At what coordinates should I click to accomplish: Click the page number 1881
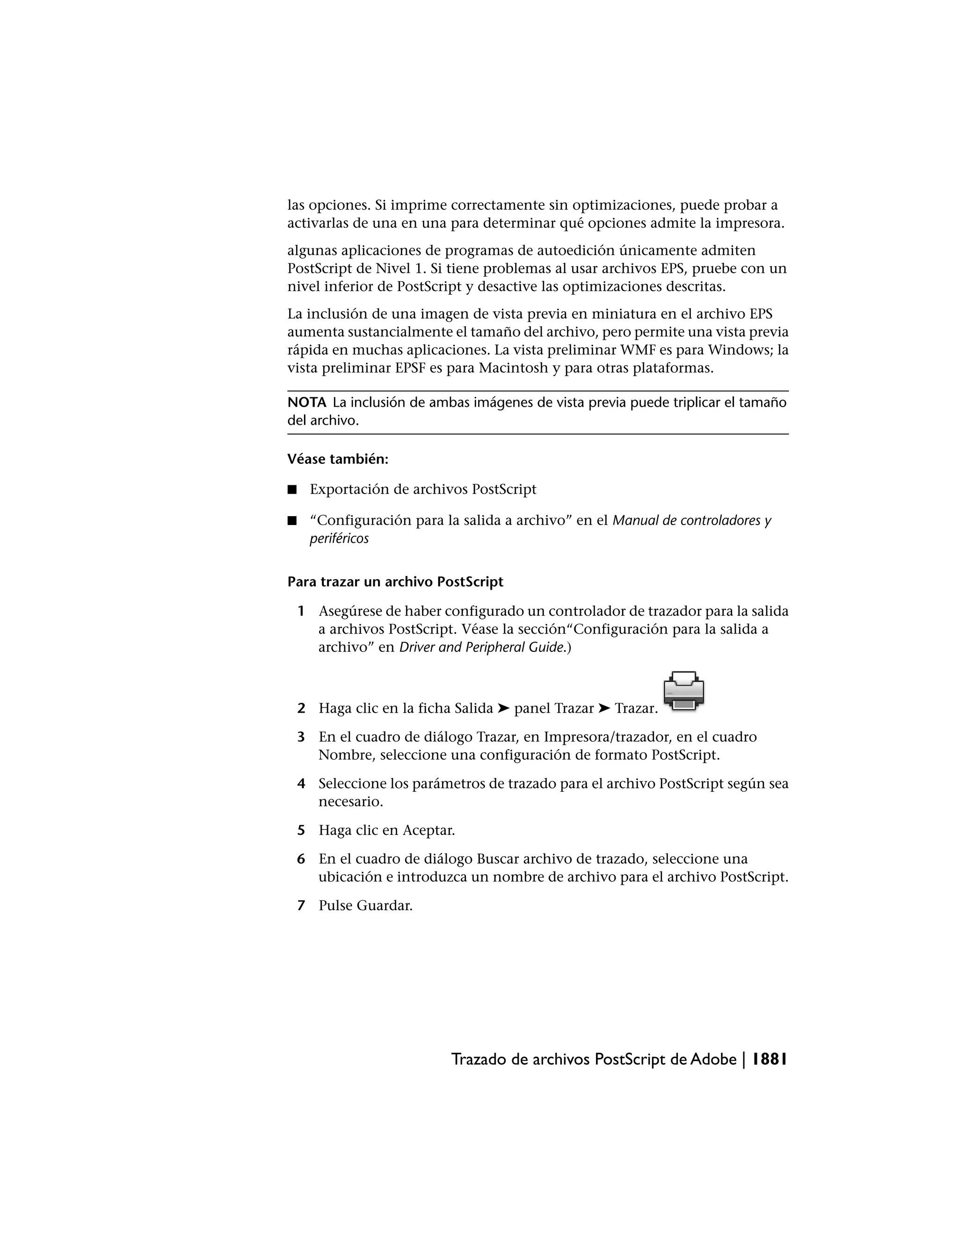(x=769, y=1059)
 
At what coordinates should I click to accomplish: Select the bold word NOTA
(x=306, y=402)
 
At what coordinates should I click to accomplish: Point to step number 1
(x=301, y=611)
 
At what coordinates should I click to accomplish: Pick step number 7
(x=301, y=905)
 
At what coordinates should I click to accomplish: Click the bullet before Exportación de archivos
(x=292, y=489)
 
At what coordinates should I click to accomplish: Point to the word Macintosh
(x=512, y=368)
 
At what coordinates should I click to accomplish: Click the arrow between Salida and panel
(x=503, y=708)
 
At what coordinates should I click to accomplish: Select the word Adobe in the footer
(x=713, y=1059)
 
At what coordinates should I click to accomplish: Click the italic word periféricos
(x=339, y=538)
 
